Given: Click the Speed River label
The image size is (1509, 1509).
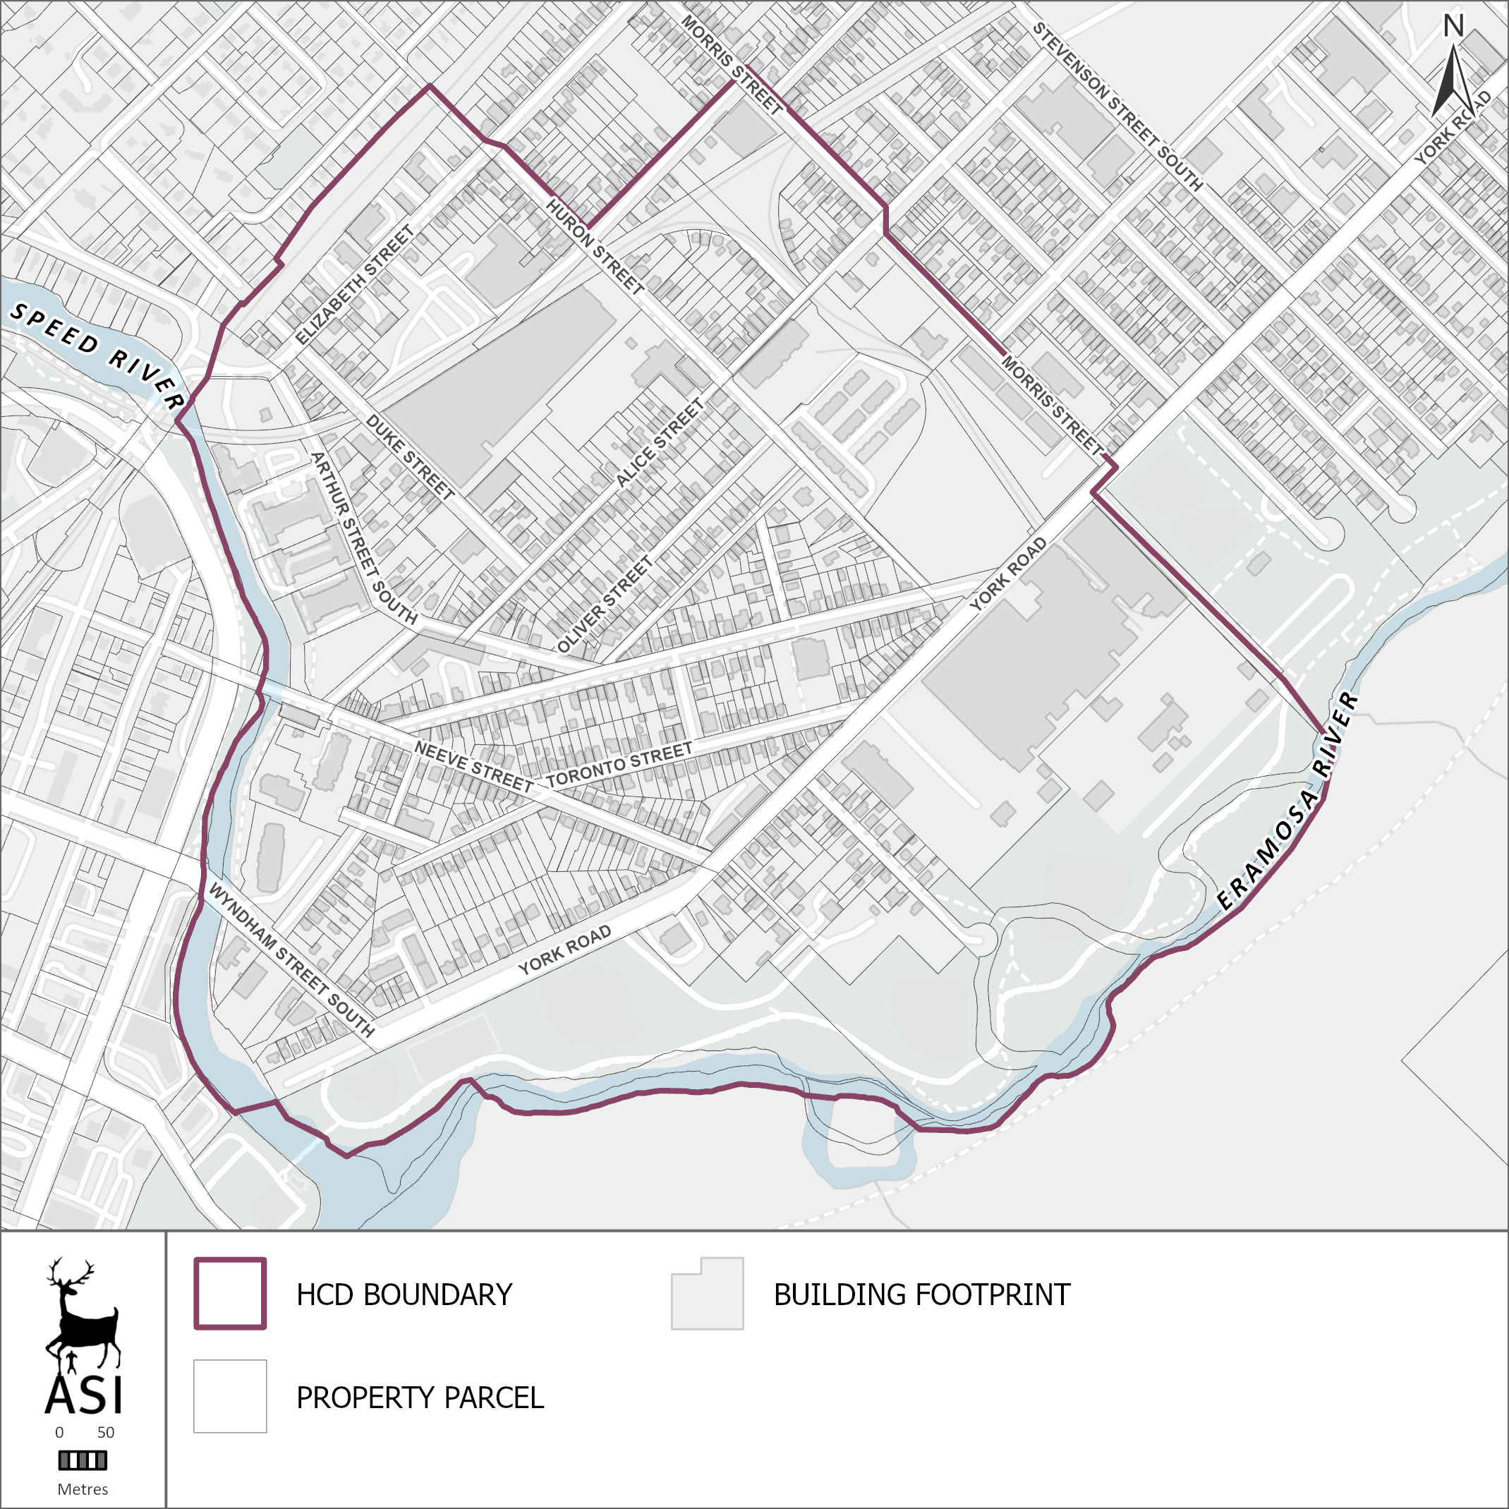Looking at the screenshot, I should (97, 356).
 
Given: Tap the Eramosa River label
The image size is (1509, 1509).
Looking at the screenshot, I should (1289, 801).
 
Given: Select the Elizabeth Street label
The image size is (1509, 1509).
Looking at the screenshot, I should (355, 286).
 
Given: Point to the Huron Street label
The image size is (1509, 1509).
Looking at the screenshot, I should (595, 247).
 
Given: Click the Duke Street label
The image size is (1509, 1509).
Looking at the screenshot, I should (410, 458).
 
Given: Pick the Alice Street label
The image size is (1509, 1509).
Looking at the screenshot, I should (660, 443).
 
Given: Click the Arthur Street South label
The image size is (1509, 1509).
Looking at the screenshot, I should (364, 539).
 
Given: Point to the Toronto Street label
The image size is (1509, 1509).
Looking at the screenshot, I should (619, 765).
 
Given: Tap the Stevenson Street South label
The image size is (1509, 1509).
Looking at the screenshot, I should (1117, 107).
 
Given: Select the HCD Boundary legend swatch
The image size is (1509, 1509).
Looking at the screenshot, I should (231, 1293).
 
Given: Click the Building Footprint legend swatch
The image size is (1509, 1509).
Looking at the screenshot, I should (707, 1293).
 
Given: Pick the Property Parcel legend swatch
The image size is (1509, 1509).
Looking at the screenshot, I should (231, 1397).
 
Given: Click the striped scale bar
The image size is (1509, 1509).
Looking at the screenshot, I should (83, 1460).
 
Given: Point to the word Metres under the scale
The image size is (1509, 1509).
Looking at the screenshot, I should (83, 1489).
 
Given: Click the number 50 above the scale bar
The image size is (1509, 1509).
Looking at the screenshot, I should (105, 1432).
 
